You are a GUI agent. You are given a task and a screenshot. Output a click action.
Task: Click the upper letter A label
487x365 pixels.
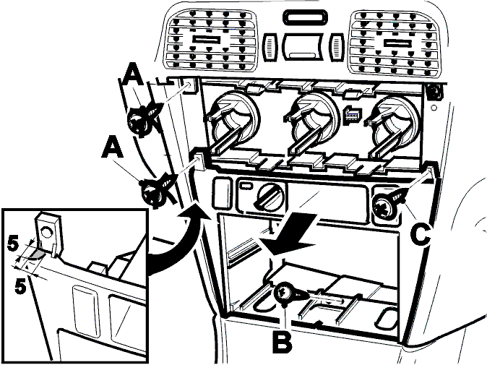(x=134, y=77)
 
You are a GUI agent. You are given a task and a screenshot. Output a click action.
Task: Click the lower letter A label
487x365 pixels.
(x=113, y=148)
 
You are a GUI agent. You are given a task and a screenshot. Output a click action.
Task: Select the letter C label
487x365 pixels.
(x=421, y=235)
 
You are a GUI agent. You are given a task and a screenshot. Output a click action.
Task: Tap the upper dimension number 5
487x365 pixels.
(x=13, y=244)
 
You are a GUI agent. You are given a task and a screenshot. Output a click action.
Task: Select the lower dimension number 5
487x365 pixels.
(x=20, y=286)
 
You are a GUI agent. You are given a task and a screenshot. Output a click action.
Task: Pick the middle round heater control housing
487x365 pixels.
(x=314, y=123)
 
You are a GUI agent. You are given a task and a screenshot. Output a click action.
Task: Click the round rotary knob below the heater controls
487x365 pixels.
(x=270, y=197)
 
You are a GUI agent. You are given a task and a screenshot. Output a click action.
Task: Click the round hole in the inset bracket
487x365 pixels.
(x=46, y=232)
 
